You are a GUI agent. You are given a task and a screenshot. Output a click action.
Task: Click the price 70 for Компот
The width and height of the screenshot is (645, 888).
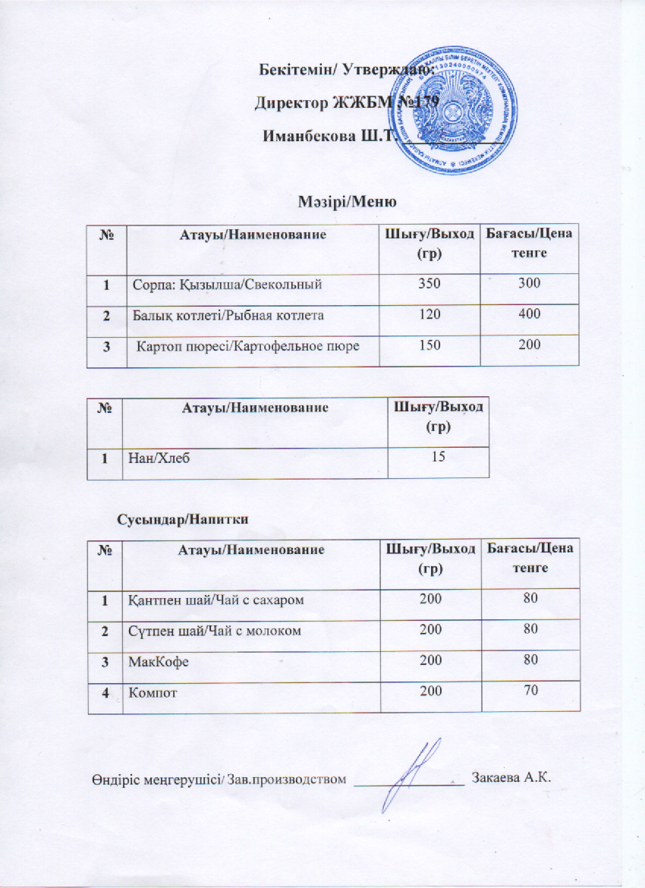(x=530, y=691)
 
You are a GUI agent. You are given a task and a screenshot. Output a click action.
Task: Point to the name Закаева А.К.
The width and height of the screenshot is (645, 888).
(x=510, y=778)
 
